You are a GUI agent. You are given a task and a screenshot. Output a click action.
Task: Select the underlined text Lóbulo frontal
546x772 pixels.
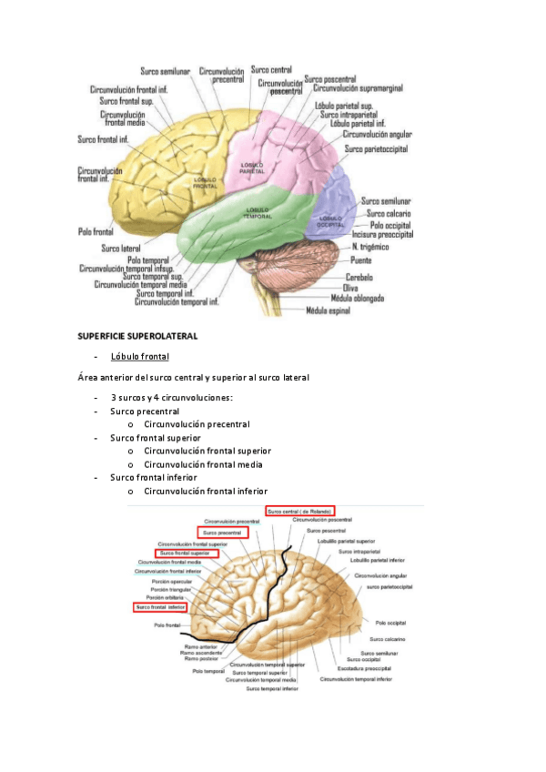tap(139, 356)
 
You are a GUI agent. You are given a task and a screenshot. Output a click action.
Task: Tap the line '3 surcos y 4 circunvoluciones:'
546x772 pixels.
tap(171, 397)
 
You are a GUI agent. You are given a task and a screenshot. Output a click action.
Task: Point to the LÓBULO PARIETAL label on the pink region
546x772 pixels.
tap(252, 169)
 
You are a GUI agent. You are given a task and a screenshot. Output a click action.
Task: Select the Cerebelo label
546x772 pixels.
tap(359, 276)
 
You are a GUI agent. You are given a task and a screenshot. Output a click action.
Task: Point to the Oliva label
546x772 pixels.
tap(350, 287)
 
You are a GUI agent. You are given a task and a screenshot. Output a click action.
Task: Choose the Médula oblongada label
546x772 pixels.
tap(357, 298)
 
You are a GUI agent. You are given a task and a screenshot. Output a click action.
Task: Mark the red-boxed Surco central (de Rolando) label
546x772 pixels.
tap(299, 511)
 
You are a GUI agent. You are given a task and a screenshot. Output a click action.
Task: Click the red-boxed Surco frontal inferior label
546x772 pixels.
tap(160, 607)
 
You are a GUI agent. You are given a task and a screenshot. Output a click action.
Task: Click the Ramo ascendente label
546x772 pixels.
tap(199, 651)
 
